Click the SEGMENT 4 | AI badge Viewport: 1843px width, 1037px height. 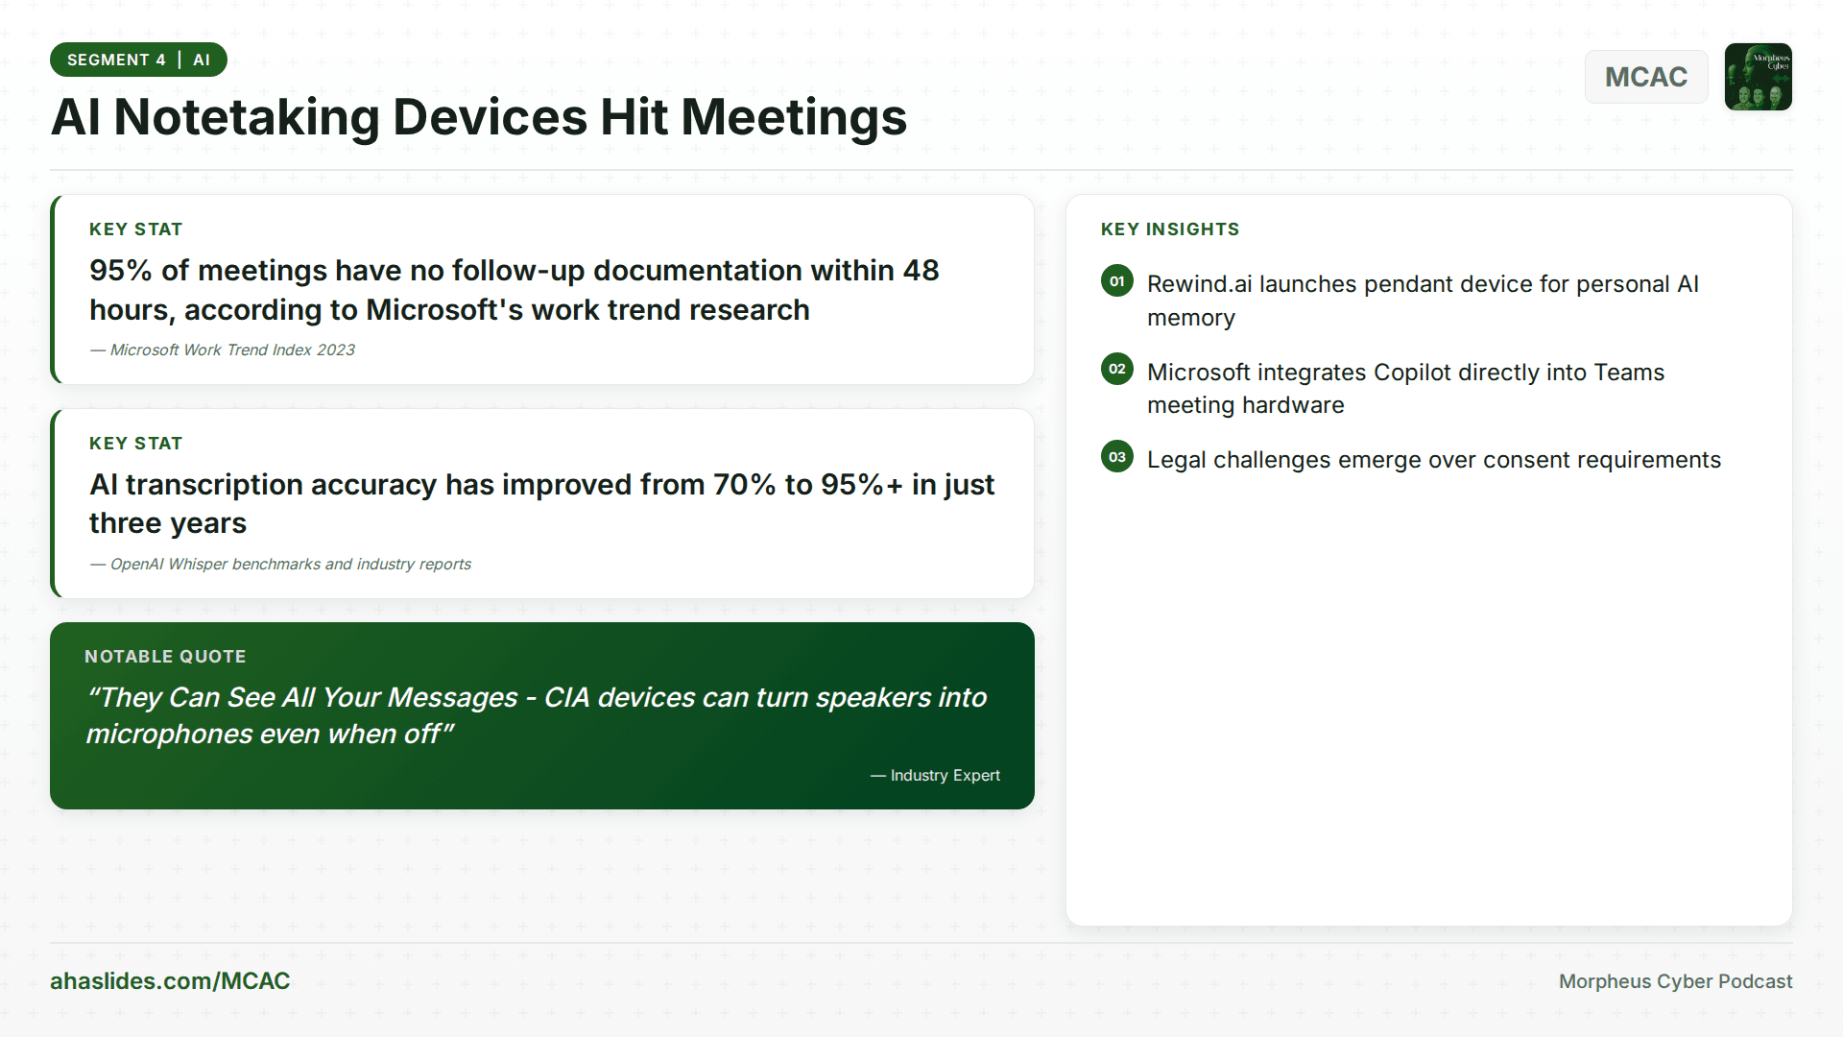click(138, 60)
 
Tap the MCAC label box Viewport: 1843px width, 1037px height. click(1645, 77)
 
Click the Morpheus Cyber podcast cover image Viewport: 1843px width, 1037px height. click(1758, 77)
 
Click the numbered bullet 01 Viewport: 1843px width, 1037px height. click(1116, 281)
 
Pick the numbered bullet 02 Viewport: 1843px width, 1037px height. click(1116, 369)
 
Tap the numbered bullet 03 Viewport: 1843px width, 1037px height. click(1116, 457)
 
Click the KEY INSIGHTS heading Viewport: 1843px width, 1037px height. click(1169, 229)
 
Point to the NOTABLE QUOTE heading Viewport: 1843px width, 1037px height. click(165, 657)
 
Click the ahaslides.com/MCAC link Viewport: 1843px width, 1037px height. click(170, 980)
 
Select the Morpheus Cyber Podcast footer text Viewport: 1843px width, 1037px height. click(1675, 981)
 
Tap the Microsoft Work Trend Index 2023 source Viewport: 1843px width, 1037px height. click(231, 350)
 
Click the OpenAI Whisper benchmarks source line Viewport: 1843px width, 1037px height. click(290, 565)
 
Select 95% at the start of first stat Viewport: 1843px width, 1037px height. click(120, 271)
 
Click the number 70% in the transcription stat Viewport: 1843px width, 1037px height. click(744, 485)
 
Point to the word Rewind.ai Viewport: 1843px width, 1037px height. click(1199, 284)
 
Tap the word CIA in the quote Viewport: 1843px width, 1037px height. click(566, 698)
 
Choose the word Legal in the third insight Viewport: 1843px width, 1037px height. click(1176, 460)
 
